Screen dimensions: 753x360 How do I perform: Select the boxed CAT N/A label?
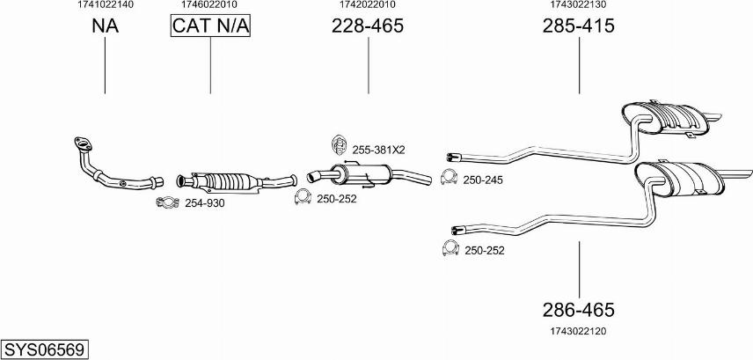coord(210,26)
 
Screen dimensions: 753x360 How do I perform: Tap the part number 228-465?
coord(368,26)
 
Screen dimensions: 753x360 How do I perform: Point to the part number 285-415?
coord(578,26)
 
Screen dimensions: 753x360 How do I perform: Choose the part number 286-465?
coord(578,310)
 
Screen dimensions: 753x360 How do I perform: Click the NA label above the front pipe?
coord(106,26)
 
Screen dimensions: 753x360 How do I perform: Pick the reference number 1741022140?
coord(106,4)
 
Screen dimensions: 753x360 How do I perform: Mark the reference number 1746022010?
coord(209,4)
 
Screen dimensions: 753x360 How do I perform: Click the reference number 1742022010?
coord(368,4)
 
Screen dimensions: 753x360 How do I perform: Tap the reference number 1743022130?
coord(578,4)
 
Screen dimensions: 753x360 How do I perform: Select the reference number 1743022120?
coord(578,331)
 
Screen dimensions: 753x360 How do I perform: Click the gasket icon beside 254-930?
coord(168,202)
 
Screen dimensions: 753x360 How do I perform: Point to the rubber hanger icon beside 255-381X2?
coord(340,144)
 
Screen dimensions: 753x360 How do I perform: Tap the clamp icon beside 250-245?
coord(449,177)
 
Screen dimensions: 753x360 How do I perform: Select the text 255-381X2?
coord(379,150)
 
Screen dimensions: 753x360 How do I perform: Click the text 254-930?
coord(205,203)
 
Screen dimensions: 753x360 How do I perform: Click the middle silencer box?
coord(362,173)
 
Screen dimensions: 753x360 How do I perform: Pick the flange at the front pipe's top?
coord(83,143)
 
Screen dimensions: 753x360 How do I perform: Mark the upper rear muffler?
coord(665,118)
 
